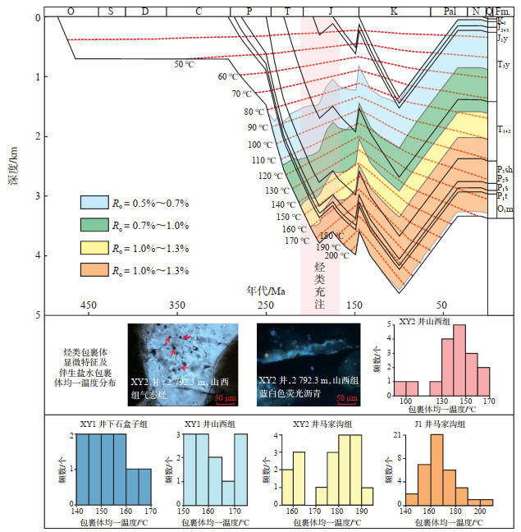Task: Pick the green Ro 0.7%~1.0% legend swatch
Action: pyautogui.click(x=95, y=224)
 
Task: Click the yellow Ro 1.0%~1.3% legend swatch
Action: pyautogui.click(x=95, y=247)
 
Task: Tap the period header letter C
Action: pyautogui.click(x=199, y=11)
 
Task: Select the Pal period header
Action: pyautogui.click(x=450, y=11)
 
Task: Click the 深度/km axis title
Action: pyautogui.click(x=14, y=164)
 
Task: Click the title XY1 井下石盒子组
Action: pyautogui.click(x=106, y=424)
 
